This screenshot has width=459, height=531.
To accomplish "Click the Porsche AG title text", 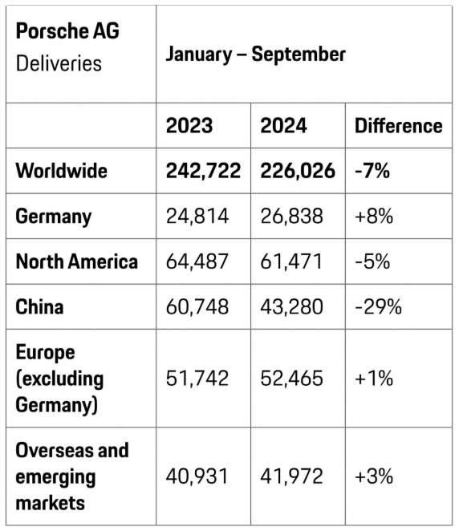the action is coord(67,31).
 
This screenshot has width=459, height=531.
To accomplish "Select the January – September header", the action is coord(255,55).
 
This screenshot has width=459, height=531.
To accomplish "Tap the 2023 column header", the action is coord(189,126).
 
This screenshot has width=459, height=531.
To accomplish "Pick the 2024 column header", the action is coord(283,126).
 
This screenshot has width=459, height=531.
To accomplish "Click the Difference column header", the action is coord(398,126).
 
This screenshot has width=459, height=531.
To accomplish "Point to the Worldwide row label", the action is coord(61,171).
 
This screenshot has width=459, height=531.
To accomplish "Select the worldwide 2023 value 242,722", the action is coord(203,171).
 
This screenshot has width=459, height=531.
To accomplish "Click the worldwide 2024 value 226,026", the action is coord(298,171).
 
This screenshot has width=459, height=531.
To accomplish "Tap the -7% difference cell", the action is coord(372,171).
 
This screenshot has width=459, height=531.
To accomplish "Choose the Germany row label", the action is coord(54,217).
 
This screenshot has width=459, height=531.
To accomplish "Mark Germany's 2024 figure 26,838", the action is coord(291,216).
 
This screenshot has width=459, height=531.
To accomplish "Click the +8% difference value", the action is coord(374,216).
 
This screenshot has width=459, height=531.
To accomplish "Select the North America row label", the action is coord(76,261).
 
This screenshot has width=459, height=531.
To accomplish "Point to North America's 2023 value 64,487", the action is coord(197,261).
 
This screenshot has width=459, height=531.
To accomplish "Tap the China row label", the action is coord(39,307).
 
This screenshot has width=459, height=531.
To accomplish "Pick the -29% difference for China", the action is coord(378,307).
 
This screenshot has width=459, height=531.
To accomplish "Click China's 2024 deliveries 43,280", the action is coord(291,307).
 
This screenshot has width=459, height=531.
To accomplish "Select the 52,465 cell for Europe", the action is coord(291,379).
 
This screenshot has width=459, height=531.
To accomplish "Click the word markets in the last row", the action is coord(50,503).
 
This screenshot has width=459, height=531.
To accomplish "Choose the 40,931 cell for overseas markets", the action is coord(197,476).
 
